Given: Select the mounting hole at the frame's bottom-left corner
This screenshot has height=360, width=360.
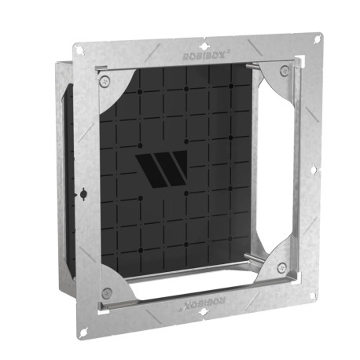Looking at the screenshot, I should pyautogui.click(x=81, y=328).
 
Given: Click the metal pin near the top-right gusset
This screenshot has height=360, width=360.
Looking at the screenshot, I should pyautogui.click(x=253, y=66).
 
